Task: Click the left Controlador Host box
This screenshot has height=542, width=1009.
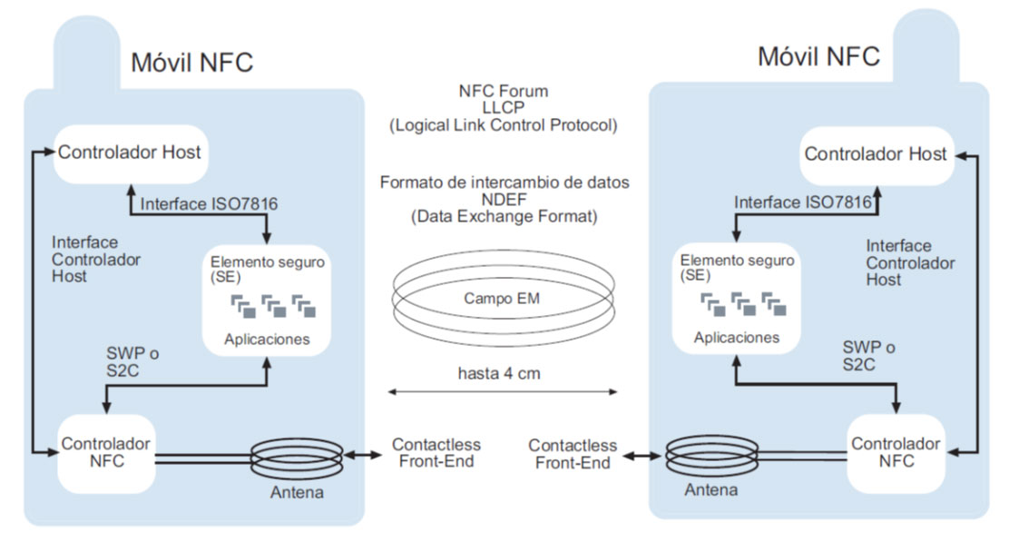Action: coord(131,153)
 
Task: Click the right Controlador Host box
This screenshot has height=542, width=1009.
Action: coord(877,154)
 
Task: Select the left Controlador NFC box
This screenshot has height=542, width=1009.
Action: coord(106,454)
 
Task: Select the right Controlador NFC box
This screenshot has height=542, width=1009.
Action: coord(896,453)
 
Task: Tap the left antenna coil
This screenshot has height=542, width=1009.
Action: coord(297,458)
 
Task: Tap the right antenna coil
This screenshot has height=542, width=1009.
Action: coord(711,457)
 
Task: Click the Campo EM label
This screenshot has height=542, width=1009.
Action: coord(502,299)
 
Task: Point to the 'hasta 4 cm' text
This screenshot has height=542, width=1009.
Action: coord(499,373)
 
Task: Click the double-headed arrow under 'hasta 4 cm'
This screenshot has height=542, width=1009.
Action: coord(503,391)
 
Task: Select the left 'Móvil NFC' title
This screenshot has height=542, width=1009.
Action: coord(191,63)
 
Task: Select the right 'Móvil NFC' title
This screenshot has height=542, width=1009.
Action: coord(818,56)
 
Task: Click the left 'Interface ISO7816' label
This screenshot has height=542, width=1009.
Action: coord(209,204)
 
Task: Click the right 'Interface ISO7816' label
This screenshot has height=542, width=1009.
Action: coord(803,202)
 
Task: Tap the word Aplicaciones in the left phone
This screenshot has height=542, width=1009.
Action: coord(267,340)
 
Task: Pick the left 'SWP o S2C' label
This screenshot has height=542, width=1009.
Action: coord(132,361)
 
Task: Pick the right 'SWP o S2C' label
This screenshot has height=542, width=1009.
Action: coord(868,356)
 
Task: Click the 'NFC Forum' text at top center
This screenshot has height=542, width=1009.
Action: coord(504,92)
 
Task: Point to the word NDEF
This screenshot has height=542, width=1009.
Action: coord(504,200)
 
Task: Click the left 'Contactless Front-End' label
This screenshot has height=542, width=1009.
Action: coord(436,453)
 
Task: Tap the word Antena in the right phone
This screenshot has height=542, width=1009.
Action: coord(711,490)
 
